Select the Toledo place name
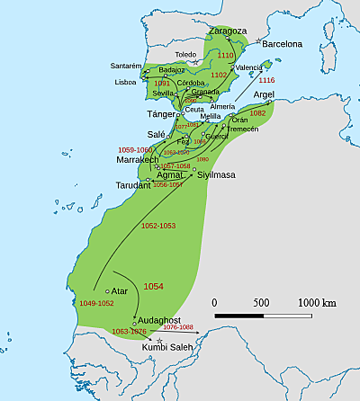(185, 55)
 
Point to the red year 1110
(226, 56)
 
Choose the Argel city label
(264, 94)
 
